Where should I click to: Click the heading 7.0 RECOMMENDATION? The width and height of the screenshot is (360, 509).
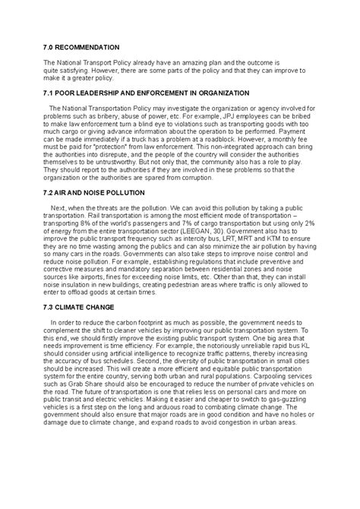81,46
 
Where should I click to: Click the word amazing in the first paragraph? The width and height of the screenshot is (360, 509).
188,62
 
